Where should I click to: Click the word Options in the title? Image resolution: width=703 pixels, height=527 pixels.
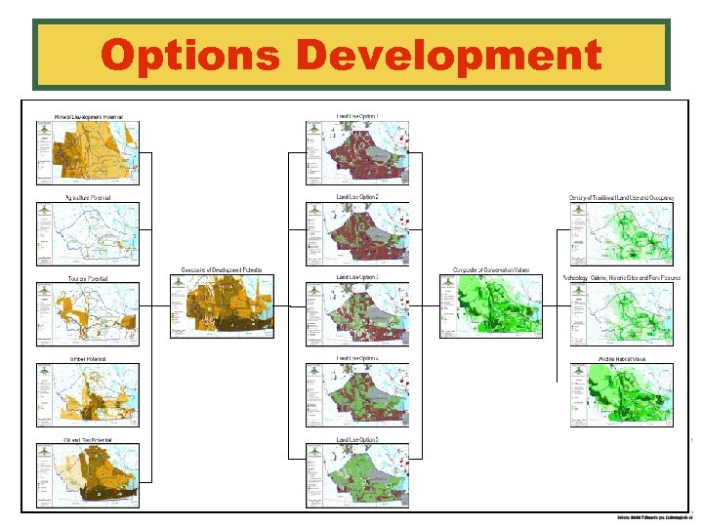[192, 56]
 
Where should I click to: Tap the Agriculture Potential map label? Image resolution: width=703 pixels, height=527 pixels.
[88, 198]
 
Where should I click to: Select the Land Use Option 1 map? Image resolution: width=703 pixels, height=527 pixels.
[357, 152]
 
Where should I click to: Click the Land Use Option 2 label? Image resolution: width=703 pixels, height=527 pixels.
[357, 197]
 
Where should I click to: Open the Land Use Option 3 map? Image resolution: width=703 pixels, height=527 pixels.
[357, 312]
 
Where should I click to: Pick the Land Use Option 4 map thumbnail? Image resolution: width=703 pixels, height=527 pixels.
[357, 394]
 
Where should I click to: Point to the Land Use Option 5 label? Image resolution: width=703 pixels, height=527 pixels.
[357, 440]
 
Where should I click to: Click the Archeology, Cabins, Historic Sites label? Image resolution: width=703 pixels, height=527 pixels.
[621, 278]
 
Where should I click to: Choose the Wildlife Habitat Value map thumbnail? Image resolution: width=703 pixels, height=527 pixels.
[621, 394]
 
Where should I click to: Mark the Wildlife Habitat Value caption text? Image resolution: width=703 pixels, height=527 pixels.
[621, 359]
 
